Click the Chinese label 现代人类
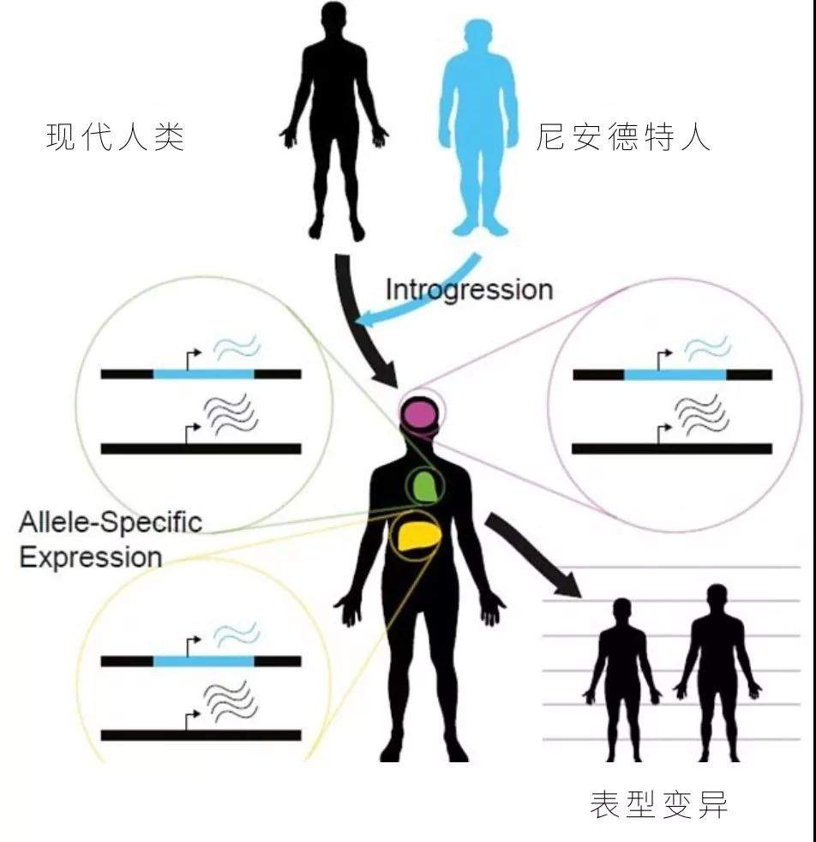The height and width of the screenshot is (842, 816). click(x=116, y=137)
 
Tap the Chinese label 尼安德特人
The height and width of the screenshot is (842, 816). click(x=623, y=137)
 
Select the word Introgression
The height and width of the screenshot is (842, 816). click(x=469, y=290)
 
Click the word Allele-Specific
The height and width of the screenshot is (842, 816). click(x=111, y=522)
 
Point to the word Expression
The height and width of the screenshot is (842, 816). click(x=91, y=556)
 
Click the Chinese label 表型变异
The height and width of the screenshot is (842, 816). click(x=658, y=804)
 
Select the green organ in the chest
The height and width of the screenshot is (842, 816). click(x=424, y=486)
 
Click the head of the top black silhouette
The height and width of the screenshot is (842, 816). click(x=333, y=20)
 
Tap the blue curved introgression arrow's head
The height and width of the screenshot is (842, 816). click(x=367, y=317)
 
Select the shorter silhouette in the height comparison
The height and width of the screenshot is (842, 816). click(x=623, y=680)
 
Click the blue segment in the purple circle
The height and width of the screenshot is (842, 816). click(x=675, y=375)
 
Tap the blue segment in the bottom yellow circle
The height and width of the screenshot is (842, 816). click(x=203, y=661)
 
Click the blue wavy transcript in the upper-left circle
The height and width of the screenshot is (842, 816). click(x=237, y=347)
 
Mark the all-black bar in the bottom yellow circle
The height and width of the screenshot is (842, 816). click(x=201, y=735)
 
